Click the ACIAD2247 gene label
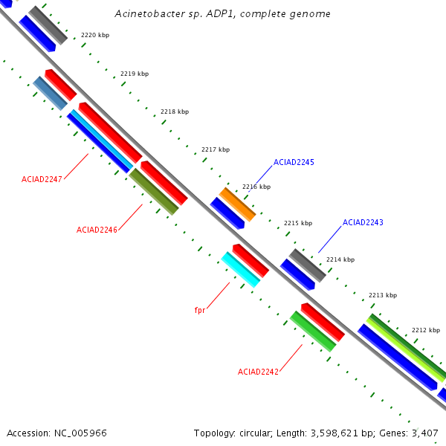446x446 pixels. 42,179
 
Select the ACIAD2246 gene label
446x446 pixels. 97,230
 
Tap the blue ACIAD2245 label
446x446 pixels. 294,162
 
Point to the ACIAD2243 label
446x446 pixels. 363,222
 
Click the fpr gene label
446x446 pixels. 199,310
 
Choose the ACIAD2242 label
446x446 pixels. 258,372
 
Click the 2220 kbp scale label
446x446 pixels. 95,35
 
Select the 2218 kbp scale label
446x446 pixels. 175,111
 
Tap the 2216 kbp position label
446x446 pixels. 256,187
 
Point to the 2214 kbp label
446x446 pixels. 340,259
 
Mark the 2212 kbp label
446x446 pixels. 426,330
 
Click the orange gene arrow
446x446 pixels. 237,204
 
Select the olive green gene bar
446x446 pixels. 154,192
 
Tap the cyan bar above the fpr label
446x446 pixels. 241,269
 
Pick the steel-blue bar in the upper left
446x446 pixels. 51,94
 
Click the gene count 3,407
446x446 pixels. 424,433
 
